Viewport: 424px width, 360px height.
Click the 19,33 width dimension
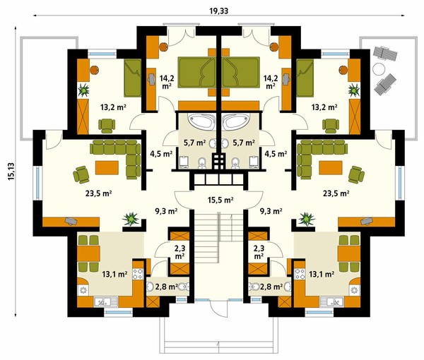219,11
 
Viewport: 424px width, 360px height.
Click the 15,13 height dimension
11,172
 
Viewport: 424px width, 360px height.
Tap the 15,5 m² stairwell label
220,200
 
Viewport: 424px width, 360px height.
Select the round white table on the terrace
379,69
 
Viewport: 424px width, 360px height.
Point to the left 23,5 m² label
99,193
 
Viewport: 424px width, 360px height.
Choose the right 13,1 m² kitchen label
322,275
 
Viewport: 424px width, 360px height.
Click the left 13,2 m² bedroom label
113,107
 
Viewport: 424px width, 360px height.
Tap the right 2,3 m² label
259,252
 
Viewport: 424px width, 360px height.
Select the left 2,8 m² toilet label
166,287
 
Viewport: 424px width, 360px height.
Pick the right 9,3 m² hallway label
271,210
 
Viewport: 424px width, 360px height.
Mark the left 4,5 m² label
161,154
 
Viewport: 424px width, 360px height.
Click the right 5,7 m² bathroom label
244,143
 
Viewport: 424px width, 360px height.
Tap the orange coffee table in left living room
107,168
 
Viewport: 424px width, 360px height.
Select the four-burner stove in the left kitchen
138,274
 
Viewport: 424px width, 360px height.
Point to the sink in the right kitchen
331,301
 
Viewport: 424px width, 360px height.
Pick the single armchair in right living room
356,174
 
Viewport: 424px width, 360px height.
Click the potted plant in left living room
131,218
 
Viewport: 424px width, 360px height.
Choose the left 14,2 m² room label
167,82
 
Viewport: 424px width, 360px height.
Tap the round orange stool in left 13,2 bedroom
94,70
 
